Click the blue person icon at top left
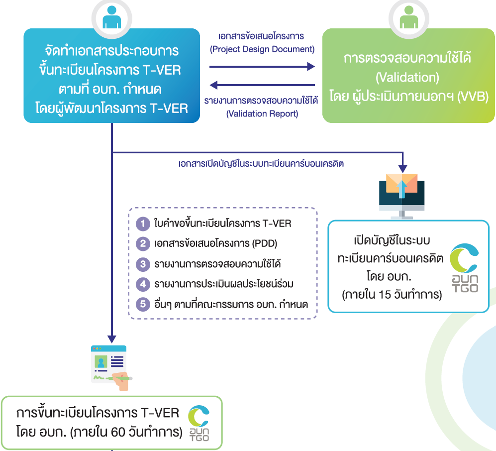tap(111, 17)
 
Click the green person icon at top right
tap(409, 17)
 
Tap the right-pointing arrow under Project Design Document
tap(262, 67)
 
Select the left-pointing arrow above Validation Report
tap(262, 85)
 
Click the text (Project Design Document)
tap(262, 49)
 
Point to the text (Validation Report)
tap(262, 113)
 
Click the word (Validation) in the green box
tap(407, 77)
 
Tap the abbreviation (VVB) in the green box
tap(473, 96)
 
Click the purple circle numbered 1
tap(143, 224)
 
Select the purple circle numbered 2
tap(143, 244)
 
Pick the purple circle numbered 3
tap(143, 264)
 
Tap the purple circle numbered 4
tap(143, 284)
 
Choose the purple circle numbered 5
tap(143, 305)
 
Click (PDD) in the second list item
tap(265, 243)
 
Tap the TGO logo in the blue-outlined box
tap(464, 268)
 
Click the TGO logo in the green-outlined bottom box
tap(199, 423)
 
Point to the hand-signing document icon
tap(111, 368)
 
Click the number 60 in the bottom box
tap(118, 432)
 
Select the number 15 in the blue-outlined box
tap(385, 295)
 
